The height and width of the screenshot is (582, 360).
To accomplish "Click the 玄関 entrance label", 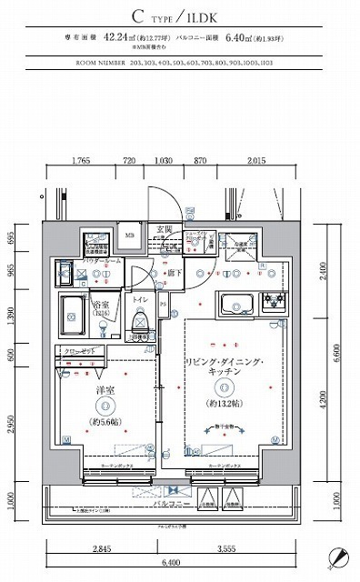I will click(165, 228).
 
